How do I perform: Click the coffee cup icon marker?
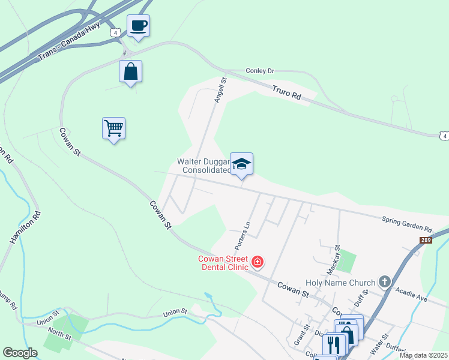pos(138,26)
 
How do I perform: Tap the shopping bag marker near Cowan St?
pos(130,71)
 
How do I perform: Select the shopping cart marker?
pos(113,128)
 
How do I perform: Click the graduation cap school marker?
pos(241,164)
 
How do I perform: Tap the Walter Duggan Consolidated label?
pos(203,166)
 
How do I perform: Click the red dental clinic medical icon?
pos(258,261)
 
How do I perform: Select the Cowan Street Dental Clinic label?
pos(224,263)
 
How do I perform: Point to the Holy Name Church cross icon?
pos(385,282)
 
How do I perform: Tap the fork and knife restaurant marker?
pos(334,344)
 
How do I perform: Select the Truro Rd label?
pos(285,91)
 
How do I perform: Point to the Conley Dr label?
pos(260,71)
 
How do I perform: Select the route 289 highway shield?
pos(425,240)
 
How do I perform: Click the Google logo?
pos(20,352)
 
